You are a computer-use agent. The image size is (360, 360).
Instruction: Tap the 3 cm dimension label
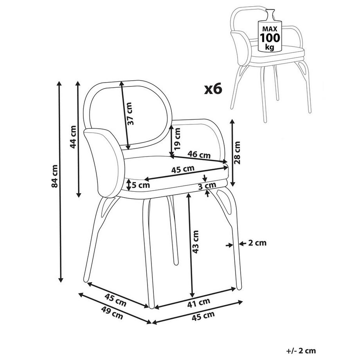click(207, 185)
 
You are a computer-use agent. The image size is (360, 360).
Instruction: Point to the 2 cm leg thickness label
click(257, 243)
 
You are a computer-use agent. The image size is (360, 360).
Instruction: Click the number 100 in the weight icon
click(270, 38)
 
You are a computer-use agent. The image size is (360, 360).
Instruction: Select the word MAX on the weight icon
click(270, 29)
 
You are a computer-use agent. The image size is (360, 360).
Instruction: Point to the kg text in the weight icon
click(270, 47)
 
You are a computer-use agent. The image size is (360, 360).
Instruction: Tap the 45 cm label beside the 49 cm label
click(115, 300)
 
